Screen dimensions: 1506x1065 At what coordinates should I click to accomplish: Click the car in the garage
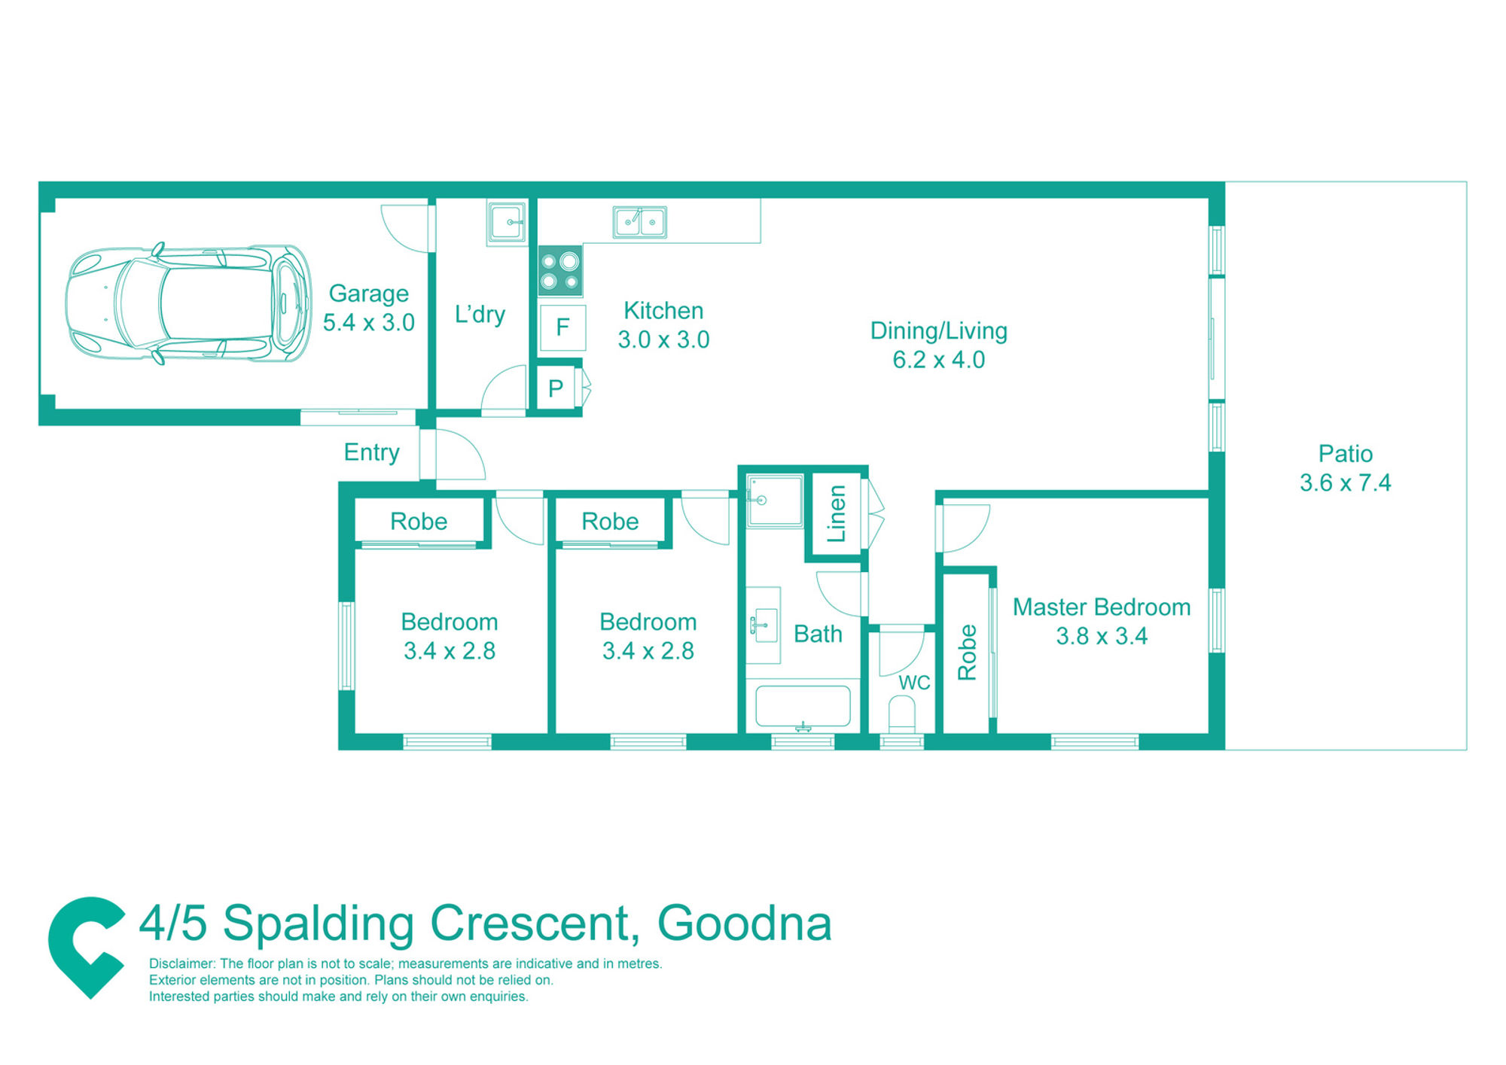pos(188,303)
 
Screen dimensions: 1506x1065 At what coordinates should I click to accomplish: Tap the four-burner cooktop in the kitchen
pos(560,271)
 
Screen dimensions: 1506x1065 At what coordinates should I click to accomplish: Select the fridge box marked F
pos(562,327)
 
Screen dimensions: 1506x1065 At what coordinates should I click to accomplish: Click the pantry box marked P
pos(556,388)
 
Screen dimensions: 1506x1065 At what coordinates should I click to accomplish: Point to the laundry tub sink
pos(507,222)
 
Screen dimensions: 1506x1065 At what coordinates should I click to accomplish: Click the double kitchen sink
pos(639,222)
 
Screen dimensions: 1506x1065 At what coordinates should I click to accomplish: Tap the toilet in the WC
pos(901,714)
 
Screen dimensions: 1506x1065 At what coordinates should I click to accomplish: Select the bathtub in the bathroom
pos(803,706)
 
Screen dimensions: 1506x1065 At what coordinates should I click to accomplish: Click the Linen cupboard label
pos(837,513)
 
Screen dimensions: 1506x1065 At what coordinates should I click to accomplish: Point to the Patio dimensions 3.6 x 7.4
pos(1345,482)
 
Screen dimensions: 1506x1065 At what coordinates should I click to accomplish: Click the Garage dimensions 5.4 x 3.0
pos(368,322)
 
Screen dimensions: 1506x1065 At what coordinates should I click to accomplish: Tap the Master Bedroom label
pos(1101,607)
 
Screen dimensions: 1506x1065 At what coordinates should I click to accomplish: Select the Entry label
pos(371,452)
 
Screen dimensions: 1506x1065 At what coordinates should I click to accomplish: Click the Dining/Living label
pos(938,331)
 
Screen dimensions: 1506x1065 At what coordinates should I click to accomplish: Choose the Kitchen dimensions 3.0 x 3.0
pos(663,339)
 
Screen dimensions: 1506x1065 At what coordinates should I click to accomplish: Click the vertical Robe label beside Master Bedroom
pos(967,653)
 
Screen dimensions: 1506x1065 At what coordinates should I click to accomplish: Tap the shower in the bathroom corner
pos(774,500)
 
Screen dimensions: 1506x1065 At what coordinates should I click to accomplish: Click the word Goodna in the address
pos(744,924)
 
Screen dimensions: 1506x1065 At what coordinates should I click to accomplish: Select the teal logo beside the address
pos(87,947)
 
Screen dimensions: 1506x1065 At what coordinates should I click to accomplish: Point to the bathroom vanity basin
pos(763,625)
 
